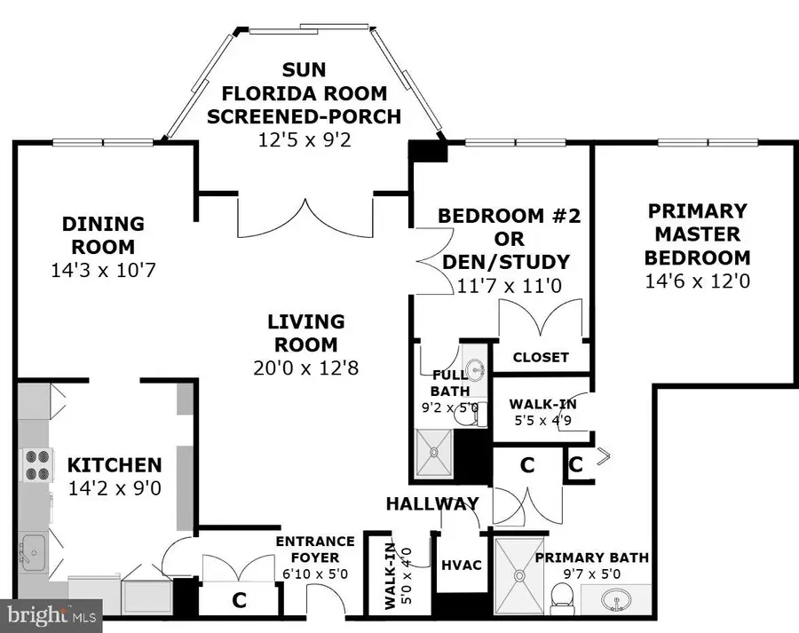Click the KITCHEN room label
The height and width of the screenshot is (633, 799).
pos(115,464)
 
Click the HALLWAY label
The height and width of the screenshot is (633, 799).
pos(432,503)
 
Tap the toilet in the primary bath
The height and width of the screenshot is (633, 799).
pos(561,605)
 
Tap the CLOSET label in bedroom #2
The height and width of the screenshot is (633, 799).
pos(541,357)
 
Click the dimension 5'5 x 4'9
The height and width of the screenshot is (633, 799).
pos(541,421)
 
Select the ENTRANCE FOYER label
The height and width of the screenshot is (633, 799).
pos(315,549)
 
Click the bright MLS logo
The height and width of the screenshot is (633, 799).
pos(51,613)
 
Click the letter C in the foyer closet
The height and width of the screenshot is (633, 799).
pos(238,601)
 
